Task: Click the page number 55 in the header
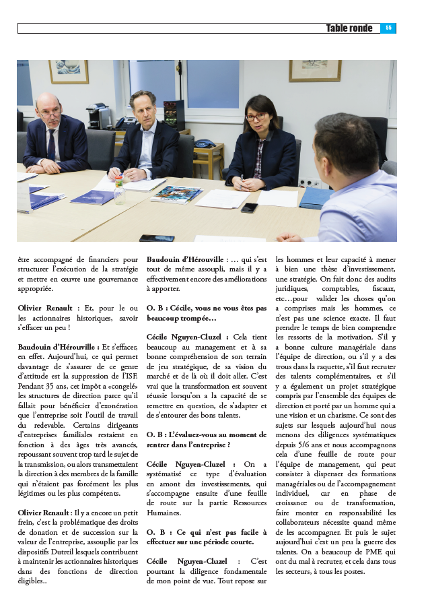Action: (388, 28)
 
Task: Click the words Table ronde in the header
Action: (349, 28)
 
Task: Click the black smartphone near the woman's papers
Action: (249, 207)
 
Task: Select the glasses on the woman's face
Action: (256, 117)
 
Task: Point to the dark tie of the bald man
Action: (51, 143)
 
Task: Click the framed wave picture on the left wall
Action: (69, 72)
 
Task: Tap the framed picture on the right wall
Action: (314, 70)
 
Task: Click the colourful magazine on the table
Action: (176, 193)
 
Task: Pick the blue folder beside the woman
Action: (316, 197)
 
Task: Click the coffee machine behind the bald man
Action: (100, 116)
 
